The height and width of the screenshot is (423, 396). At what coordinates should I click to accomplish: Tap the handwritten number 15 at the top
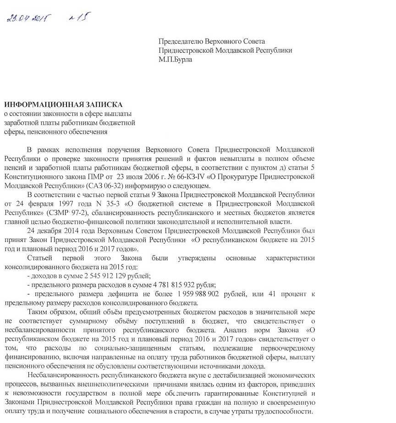click(79, 17)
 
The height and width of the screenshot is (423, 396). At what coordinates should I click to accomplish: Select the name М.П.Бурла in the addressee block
click(176, 60)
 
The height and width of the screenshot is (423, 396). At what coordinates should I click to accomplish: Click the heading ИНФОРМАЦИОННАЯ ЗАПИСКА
click(64, 105)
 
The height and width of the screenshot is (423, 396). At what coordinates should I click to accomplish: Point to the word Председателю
click(181, 42)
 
